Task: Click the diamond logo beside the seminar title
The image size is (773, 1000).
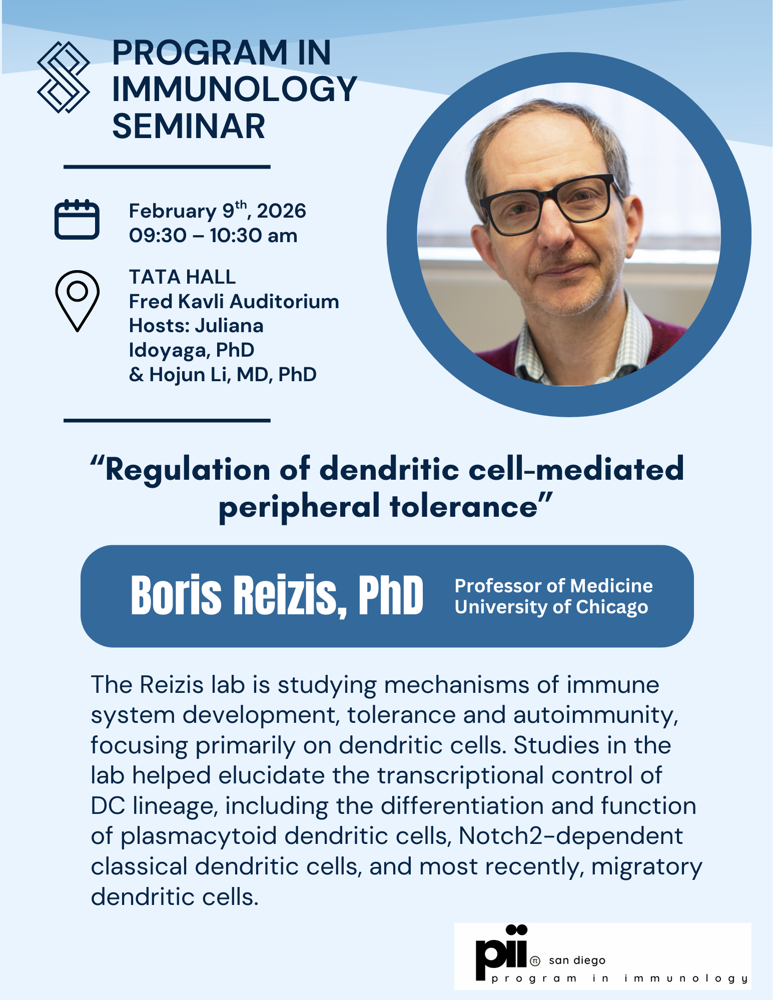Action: (64, 77)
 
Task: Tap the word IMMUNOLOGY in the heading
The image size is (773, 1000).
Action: (234, 90)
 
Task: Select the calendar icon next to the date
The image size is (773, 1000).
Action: (77, 220)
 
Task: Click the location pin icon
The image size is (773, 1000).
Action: (77, 300)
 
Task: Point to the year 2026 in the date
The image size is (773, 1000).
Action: (281, 211)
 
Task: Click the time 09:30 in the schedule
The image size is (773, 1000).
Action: (151, 236)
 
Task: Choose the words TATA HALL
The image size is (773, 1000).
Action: (182, 277)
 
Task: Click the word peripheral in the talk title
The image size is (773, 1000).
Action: (299, 506)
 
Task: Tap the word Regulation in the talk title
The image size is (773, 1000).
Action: (188, 470)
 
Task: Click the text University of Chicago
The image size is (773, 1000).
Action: (551, 607)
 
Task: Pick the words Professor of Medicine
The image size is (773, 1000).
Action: (553, 586)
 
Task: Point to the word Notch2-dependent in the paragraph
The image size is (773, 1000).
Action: (570, 836)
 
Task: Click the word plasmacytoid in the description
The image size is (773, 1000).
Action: (199, 836)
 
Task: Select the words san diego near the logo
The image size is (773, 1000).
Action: (577, 960)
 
